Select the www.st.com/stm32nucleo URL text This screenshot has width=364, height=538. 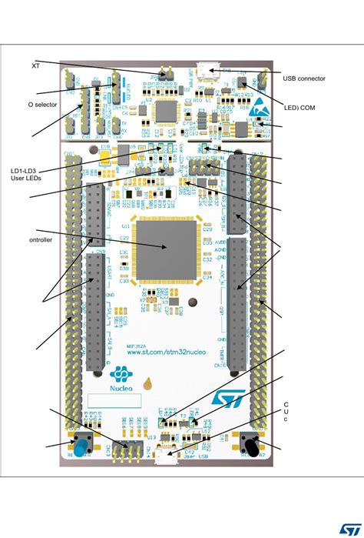pyautogui.click(x=162, y=353)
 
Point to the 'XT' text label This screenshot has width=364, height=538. pyautogui.click(x=35, y=65)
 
